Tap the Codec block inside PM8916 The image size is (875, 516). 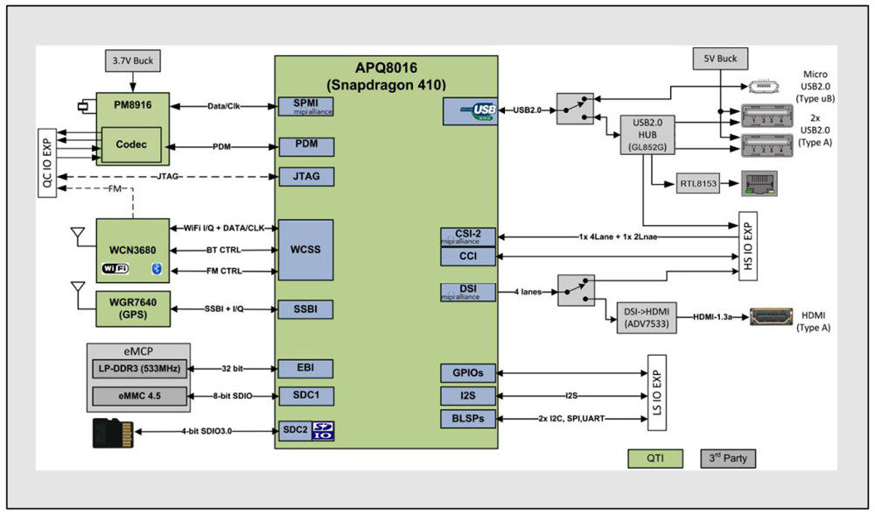tap(131, 145)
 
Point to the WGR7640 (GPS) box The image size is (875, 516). tap(131, 308)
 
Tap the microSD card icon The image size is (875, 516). tap(113, 432)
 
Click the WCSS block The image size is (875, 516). tap(304, 250)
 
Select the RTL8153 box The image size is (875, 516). tap(696, 184)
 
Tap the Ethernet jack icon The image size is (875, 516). tap(758, 182)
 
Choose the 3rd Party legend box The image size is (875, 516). tap(728, 458)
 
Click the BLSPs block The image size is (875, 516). tap(468, 419)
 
